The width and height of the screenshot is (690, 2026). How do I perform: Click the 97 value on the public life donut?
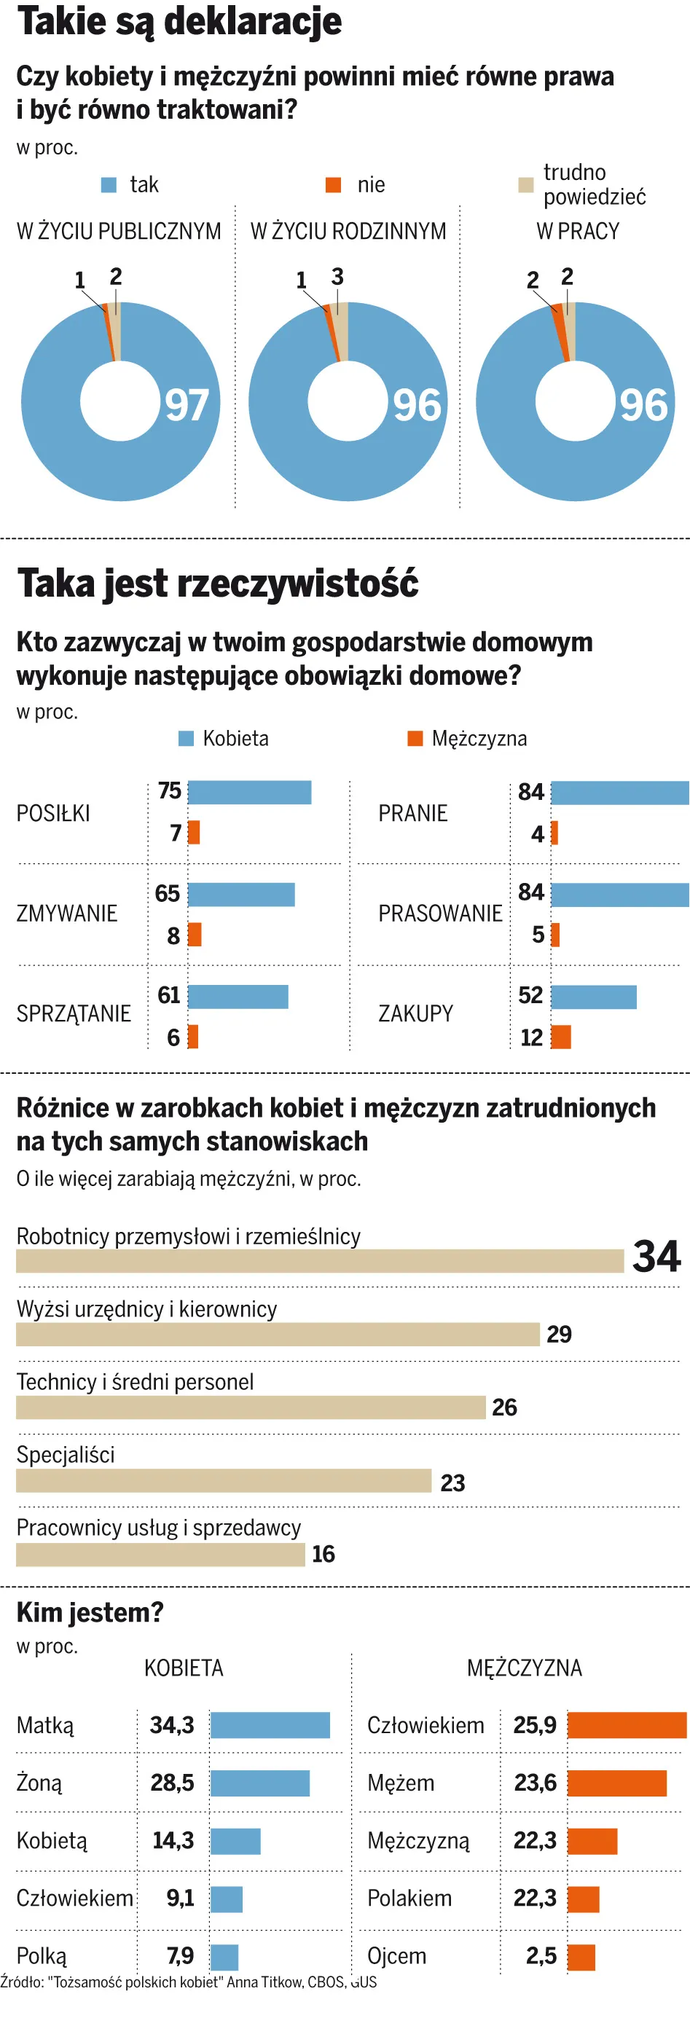click(x=187, y=405)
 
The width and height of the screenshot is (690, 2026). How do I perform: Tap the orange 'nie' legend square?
click(x=334, y=185)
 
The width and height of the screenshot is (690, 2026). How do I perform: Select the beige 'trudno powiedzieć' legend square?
click(x=525, y=185)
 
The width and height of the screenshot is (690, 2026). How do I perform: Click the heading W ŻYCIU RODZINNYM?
click(x=348, y=231)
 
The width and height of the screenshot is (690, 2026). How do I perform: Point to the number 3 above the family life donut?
click(x=337, y=277)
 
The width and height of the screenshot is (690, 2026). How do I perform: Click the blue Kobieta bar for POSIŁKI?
click(x=249, y=792)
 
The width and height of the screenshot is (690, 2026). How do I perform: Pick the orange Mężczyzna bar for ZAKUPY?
click(x=561, y=1037)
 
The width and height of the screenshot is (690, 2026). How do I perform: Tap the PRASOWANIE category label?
click(x=440, y=913)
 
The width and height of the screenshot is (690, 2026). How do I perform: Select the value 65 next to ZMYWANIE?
click(x=168, y=893)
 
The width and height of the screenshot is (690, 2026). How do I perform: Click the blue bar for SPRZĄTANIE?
click(x=238, y=997)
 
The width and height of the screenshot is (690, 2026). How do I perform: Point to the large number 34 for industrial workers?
click(x=656, y=1257)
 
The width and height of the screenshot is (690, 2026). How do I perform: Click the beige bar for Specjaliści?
click(x=224, y=1481)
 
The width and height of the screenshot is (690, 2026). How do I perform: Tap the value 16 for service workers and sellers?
click(x=324, y=1554)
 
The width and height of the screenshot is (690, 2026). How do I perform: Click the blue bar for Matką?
click(x=270, y=1726)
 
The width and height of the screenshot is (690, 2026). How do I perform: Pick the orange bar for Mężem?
click(x=617, y=1783)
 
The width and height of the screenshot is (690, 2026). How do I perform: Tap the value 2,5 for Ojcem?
click(x=541, y=1955)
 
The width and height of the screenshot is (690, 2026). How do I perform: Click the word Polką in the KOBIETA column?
click(x=42, y=1956)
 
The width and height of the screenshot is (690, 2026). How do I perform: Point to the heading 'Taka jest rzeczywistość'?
click(x=218, y=584)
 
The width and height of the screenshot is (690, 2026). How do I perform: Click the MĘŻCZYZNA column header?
click(x=524, y=1668)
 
